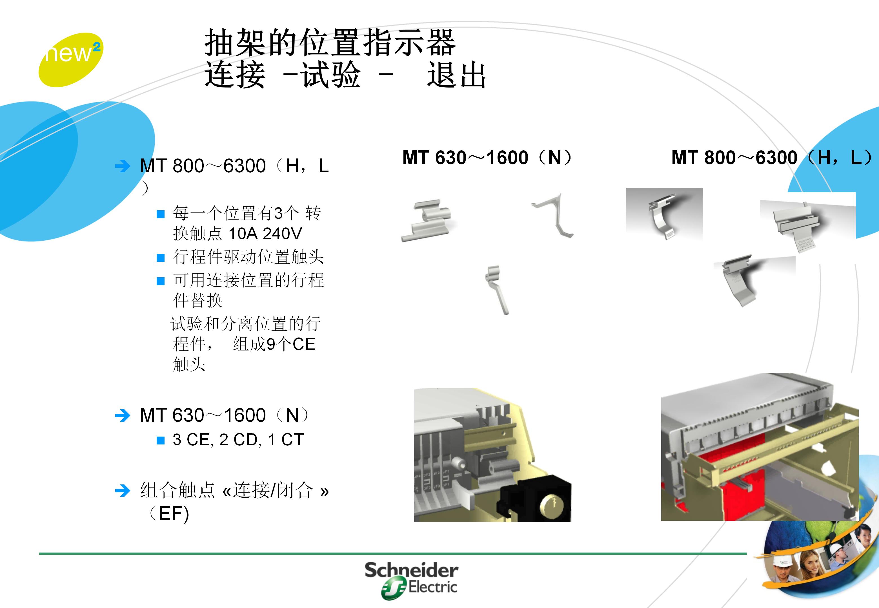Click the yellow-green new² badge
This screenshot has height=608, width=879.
[x=70, y=60]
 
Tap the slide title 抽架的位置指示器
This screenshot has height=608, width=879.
[x=330, y=43]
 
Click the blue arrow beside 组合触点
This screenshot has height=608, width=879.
[x=122, y=491]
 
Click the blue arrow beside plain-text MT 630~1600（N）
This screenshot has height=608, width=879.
[x=122, y=416]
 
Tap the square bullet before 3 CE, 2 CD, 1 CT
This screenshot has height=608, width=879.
[x=161, y=441]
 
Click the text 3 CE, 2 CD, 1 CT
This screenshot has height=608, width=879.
[x=238, y=440]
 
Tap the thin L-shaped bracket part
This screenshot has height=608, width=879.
[x=555, y=215]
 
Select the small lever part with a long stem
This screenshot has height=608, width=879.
[x=497, y=290]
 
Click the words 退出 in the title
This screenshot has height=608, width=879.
[x=456, y=75]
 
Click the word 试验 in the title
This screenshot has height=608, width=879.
[x=330, y=75]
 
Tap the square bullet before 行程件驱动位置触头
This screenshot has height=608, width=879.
[x=161, y=258]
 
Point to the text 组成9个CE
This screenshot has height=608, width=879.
[x=274, y=344]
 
